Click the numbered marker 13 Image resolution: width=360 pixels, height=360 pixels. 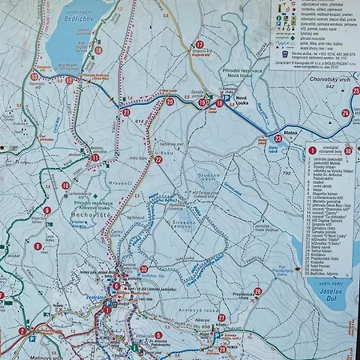34,77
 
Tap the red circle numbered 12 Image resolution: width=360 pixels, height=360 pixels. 70,80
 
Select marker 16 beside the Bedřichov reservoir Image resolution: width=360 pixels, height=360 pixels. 98,50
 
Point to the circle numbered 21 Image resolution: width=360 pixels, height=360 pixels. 126,113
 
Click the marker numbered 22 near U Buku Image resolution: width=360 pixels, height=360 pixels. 158,159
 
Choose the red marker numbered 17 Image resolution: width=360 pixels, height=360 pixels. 199,45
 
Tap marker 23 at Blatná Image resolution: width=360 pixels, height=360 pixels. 277,138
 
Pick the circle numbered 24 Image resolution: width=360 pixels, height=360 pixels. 345,113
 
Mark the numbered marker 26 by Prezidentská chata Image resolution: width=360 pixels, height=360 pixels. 258,291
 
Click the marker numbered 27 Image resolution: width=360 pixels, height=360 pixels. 222,318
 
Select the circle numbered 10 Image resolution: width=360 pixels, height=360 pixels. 66,186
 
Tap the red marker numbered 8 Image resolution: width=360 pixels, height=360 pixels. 38,246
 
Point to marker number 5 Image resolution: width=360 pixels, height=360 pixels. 158,336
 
